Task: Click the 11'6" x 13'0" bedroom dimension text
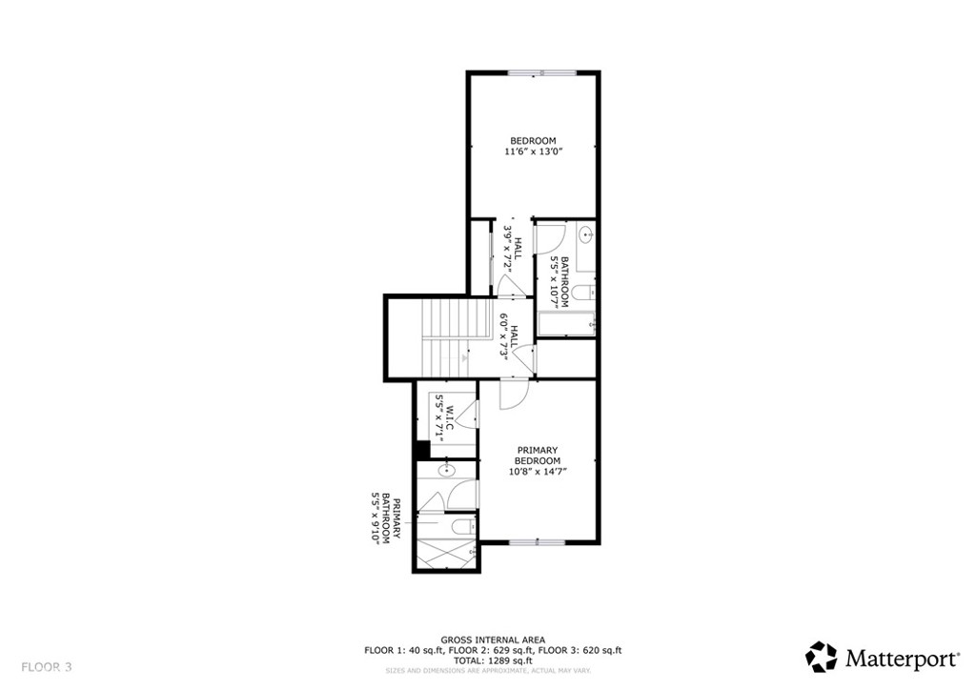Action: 534,152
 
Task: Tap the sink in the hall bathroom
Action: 586,234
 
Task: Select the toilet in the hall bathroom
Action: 583,293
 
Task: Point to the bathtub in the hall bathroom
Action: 566,323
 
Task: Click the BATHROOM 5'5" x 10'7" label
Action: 559,282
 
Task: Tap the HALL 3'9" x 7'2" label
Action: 512,250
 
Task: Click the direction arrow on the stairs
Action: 465,357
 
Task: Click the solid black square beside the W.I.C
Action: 422,449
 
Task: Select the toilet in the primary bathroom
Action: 462,527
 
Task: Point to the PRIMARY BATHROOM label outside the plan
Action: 380,518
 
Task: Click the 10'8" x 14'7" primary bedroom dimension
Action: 537,471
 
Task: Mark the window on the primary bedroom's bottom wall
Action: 538,542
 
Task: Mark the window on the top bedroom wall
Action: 542,72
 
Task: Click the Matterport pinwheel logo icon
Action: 821,657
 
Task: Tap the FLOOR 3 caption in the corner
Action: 47,667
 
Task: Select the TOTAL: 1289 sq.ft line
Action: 493,660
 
